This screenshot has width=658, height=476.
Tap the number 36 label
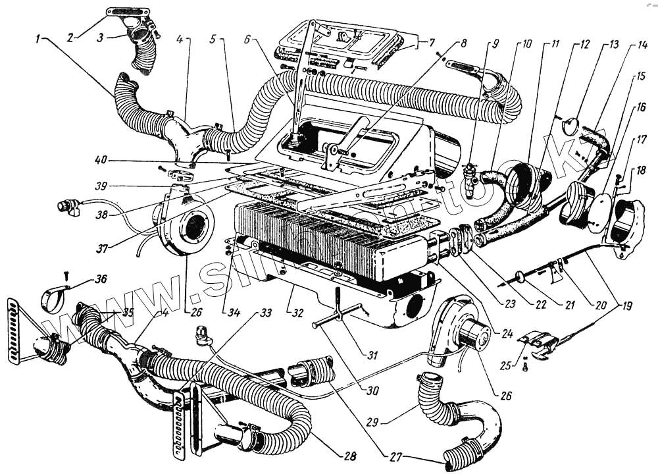pos(101,278)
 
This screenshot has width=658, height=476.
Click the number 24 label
pos(505,332)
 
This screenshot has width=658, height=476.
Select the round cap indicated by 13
pos(570,126)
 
